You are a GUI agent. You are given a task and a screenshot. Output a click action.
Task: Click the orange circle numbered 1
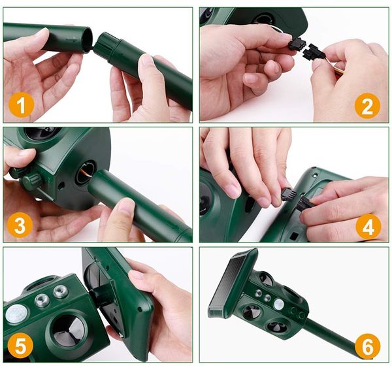point(22,105)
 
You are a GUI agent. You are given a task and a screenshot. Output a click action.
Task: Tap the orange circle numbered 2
point(367,106)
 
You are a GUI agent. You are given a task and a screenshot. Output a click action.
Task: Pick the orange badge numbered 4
point(368,227)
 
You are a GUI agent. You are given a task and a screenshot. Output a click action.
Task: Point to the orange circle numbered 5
point(20,346)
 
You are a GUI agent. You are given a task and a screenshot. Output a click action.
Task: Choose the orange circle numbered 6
point(367,346)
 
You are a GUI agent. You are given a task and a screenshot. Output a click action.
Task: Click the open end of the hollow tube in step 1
point(88,39)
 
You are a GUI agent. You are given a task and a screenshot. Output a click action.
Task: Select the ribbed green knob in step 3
point(31,180)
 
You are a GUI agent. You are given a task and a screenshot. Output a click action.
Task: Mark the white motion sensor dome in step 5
point(16,314)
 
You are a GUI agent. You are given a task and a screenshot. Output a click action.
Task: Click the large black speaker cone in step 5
point(68,328)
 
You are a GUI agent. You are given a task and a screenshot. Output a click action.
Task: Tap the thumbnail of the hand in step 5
point(137,275)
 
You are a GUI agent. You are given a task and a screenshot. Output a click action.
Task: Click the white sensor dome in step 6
point(278,304)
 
